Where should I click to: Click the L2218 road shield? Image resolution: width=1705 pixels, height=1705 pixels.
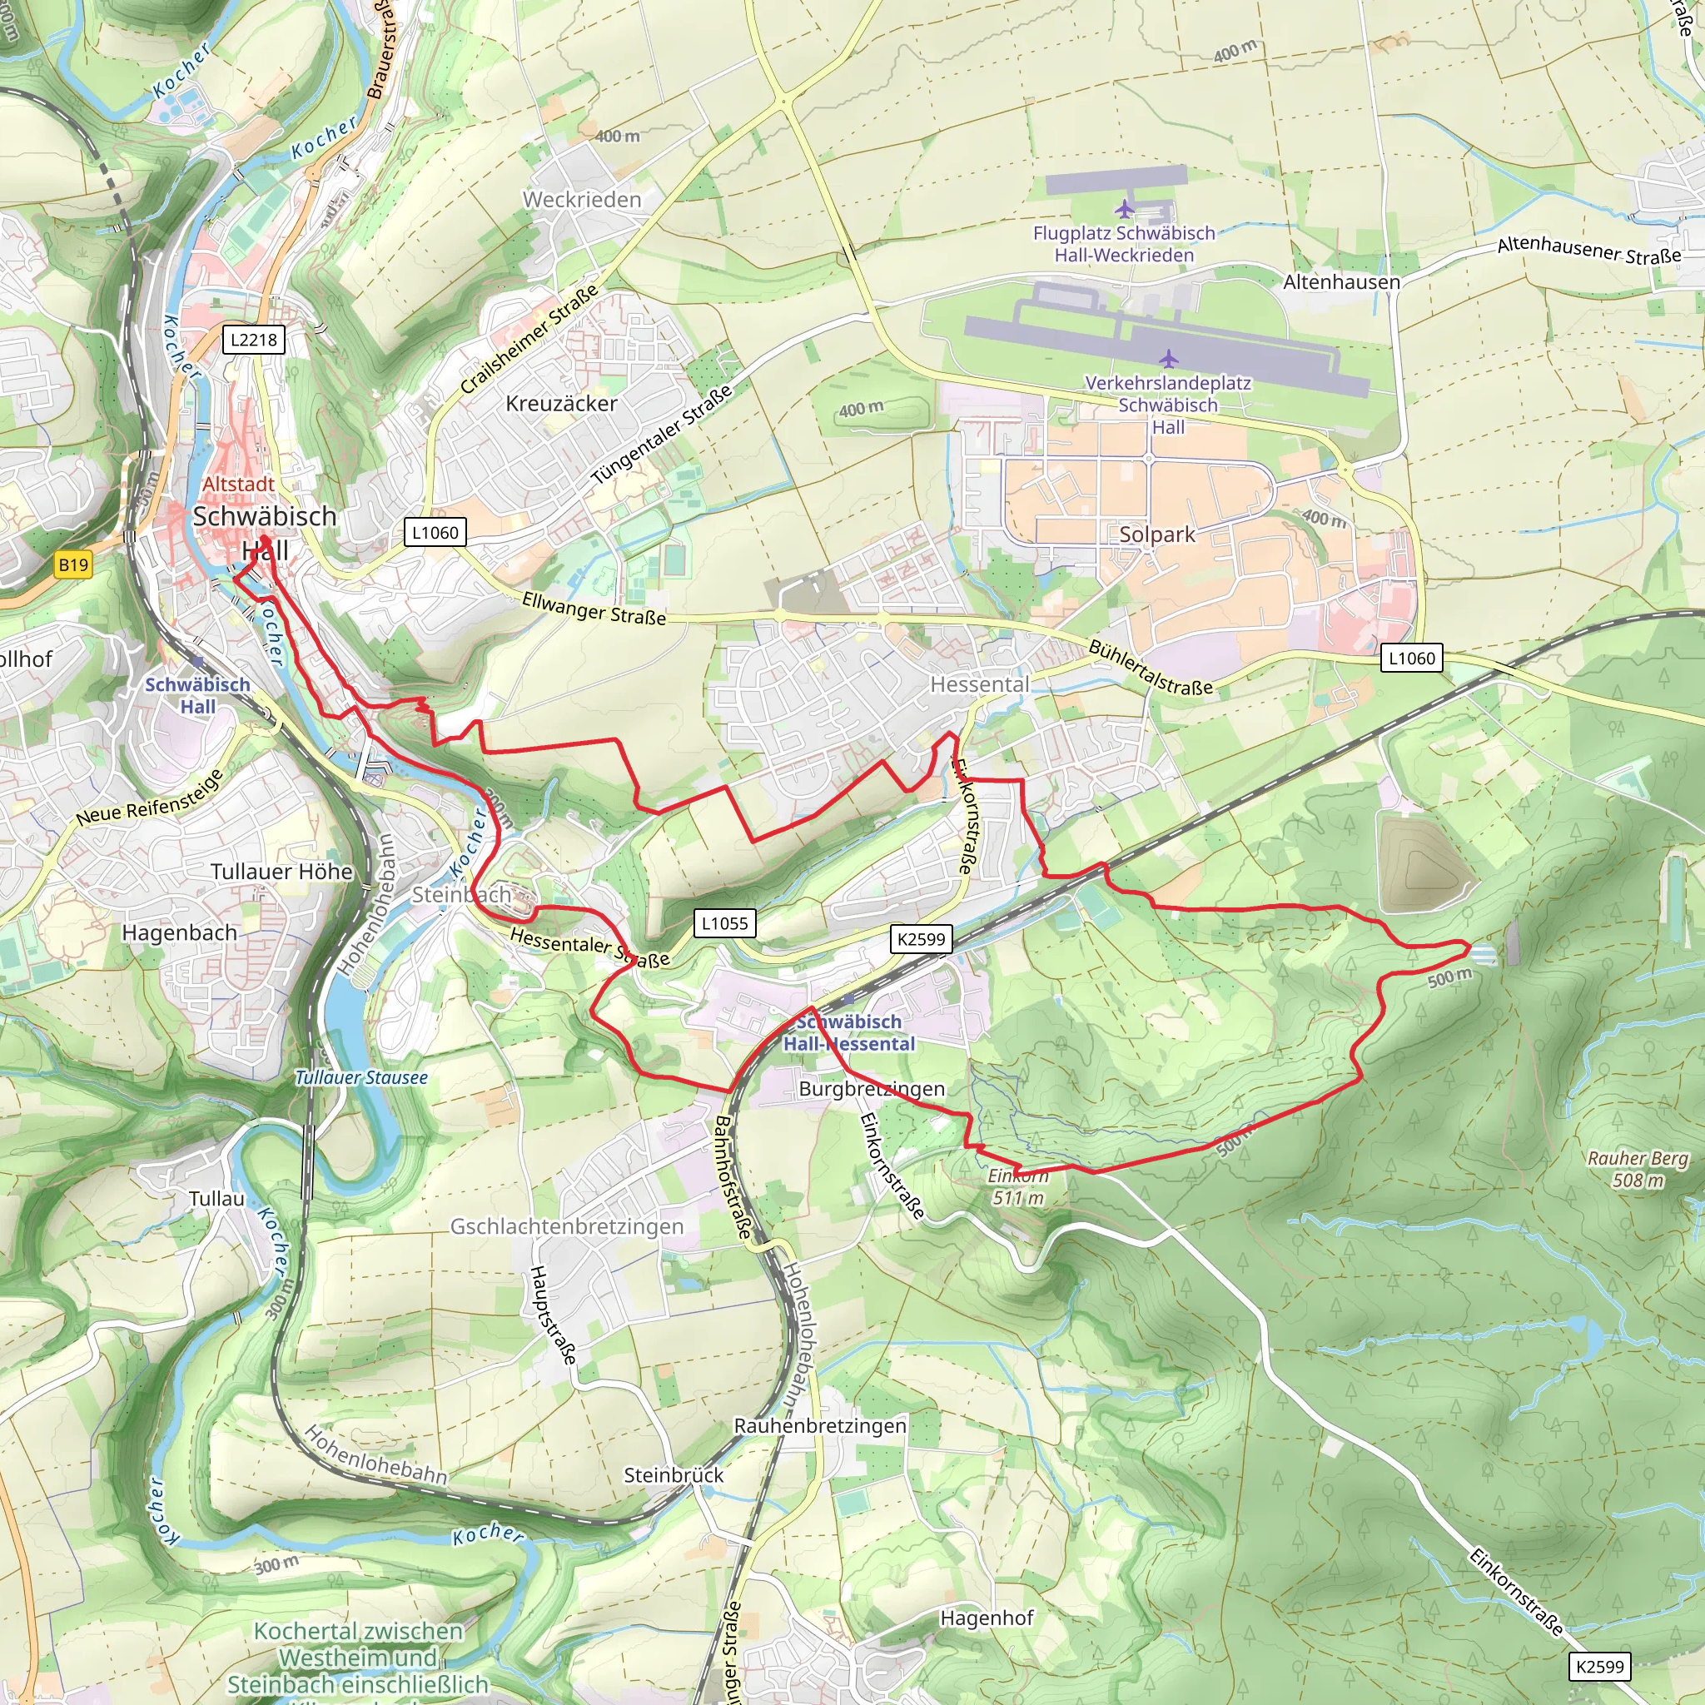point(253,340)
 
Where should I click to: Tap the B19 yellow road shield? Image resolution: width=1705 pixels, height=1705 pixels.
point(73,564)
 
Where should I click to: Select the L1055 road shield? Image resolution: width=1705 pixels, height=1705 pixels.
point(724,923)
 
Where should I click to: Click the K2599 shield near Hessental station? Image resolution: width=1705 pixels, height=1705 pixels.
point(921,939)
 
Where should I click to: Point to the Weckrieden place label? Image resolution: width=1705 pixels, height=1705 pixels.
point(582,200)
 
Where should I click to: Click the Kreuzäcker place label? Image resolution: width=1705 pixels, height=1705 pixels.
point(561,403)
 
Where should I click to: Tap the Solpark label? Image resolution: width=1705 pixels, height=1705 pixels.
point(1156,534)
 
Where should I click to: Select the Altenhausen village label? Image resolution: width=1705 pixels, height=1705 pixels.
point(1340,282)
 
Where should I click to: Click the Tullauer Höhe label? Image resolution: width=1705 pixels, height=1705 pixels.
point(281,871)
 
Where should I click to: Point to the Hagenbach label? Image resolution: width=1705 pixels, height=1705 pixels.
point(179,932)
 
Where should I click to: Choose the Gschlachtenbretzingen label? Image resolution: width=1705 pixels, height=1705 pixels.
point(567,1225)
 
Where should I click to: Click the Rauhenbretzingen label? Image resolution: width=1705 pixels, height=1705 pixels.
point(820,1426)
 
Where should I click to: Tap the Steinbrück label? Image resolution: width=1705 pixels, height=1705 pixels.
point(674,1475)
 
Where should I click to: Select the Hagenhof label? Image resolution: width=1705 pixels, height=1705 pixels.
point(987,1618)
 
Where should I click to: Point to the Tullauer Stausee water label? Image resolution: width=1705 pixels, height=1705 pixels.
point(361,1077)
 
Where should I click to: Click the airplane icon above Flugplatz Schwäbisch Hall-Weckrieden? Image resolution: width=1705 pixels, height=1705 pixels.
point(1123,209)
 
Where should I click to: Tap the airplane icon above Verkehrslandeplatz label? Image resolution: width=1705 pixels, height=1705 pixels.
point(1168,358)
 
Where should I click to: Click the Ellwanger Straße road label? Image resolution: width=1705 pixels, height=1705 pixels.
point(593,609)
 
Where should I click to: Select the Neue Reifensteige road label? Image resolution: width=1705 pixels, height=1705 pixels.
point(149,798)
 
